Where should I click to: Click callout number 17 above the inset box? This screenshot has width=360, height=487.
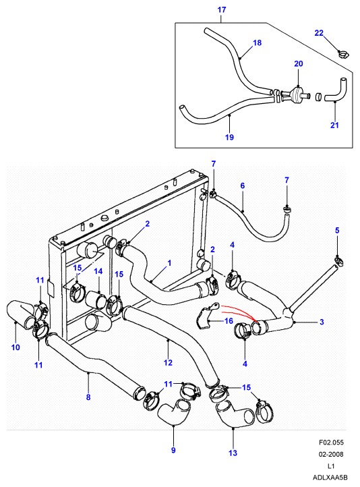click(x=222, y=9)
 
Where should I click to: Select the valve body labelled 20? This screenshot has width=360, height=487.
click(x=297, y=93)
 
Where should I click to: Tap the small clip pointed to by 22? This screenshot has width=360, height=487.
click(x=344, y=55)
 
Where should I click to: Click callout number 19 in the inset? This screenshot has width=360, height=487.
click(x=229, y=137)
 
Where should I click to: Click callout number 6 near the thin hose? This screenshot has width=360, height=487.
click(x=243, y=185)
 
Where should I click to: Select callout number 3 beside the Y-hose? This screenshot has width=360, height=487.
click(x=322, y=322)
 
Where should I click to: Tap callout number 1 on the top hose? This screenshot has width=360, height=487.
click(x=169, y=263)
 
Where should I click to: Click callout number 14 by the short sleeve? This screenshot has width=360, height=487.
click(x=98, y=271)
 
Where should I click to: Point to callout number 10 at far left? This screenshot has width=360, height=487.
click(x=16, y=347)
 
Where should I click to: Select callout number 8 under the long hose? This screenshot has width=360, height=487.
click(x=88, y=397)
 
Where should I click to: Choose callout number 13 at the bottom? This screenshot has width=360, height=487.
click(x=233, y=453)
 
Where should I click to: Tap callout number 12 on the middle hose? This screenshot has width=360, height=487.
click(x=168, y=362)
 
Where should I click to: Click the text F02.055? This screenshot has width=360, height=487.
click(x=331, y=442)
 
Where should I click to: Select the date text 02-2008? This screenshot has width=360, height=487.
click(x=331, y=454)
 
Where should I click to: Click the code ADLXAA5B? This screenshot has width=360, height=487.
click(x=330, y=478)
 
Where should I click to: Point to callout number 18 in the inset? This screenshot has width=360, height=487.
click(x=258, y=42)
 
